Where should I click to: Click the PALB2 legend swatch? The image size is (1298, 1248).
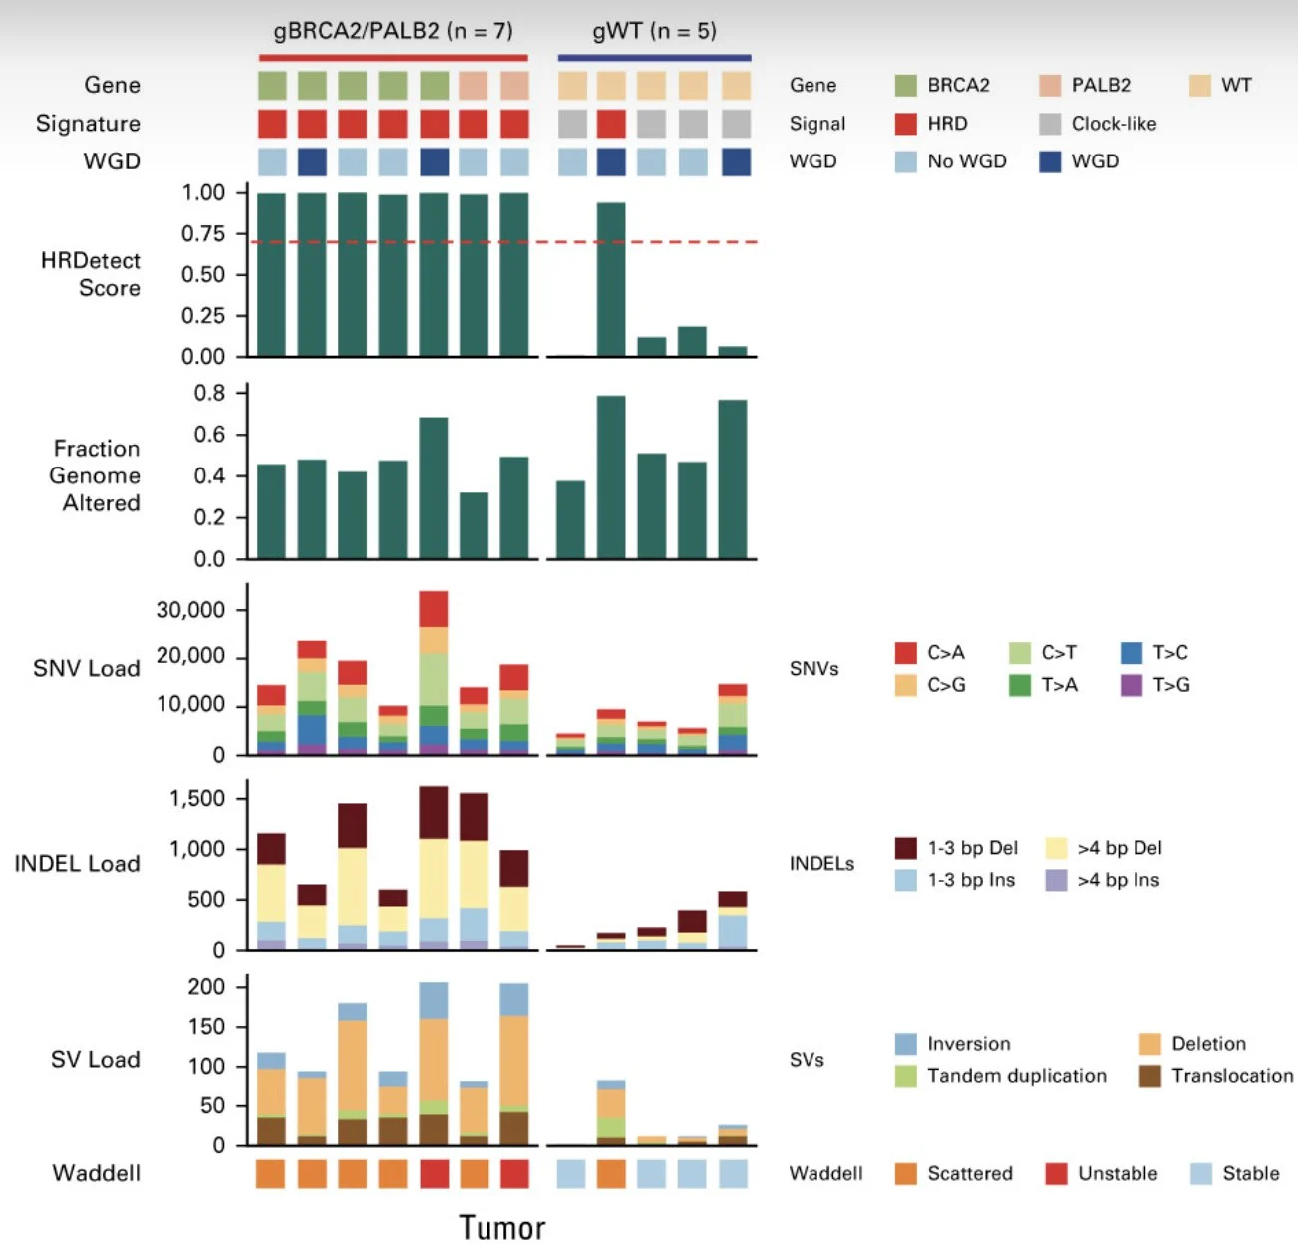click(x=1049, y=86)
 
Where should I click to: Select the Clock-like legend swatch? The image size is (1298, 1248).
click(x=1049, y=124)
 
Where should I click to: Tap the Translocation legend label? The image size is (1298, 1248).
click(x=1231, y=1076)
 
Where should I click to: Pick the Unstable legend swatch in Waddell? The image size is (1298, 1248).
click(x=1056, y=1174)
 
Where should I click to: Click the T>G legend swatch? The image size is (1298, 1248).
click(x=1131, y=685)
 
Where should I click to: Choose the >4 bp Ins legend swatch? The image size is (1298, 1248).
click(x=1056, y=880)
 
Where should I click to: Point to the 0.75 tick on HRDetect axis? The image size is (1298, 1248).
click(x=203, y=234)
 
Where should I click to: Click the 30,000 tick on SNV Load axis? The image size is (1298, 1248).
click(x=190, y=610)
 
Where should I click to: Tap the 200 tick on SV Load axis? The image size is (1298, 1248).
click(x=206, y=987)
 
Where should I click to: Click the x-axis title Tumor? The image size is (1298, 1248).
click(x=501, y=1227)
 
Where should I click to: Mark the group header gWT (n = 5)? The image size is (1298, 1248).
click(x=654, y=31)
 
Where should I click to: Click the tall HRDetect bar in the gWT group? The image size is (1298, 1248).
click(x=611, y=279)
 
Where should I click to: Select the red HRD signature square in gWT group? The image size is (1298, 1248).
click(x=611, y=124)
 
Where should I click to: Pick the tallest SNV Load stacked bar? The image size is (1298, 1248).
click(x=434, y=673)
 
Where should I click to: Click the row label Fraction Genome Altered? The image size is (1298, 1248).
click(x=96, y=475)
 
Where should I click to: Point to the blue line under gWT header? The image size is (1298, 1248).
click(x=654, y=58)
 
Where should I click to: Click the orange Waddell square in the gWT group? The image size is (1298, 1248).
click(x=611, y=1174)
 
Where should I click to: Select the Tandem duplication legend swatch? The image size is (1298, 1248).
click(x=905, y=1076)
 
